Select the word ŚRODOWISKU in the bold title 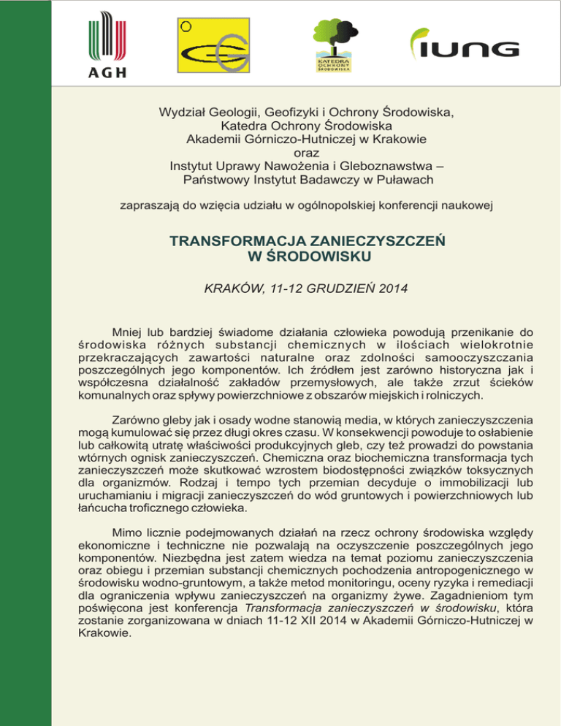(x=308, y=256)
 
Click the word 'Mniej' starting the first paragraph (x=128, y=331)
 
